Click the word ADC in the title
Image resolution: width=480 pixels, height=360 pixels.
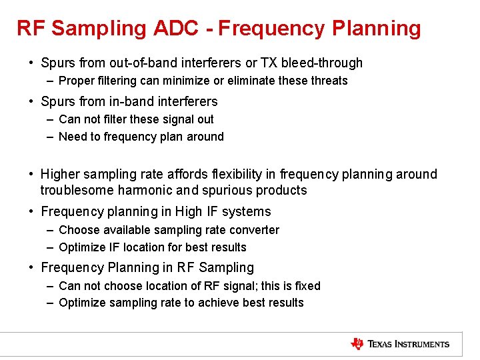(x=179, y=28)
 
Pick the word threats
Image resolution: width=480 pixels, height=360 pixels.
(x=327, y=81)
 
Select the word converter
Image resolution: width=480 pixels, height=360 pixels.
(x=255, y=230)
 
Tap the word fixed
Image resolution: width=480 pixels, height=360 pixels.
(x=305, y=286)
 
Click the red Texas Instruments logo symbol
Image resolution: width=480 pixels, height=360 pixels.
(x=357, y=344)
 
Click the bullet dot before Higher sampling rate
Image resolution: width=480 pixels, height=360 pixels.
(x=31, y=175)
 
